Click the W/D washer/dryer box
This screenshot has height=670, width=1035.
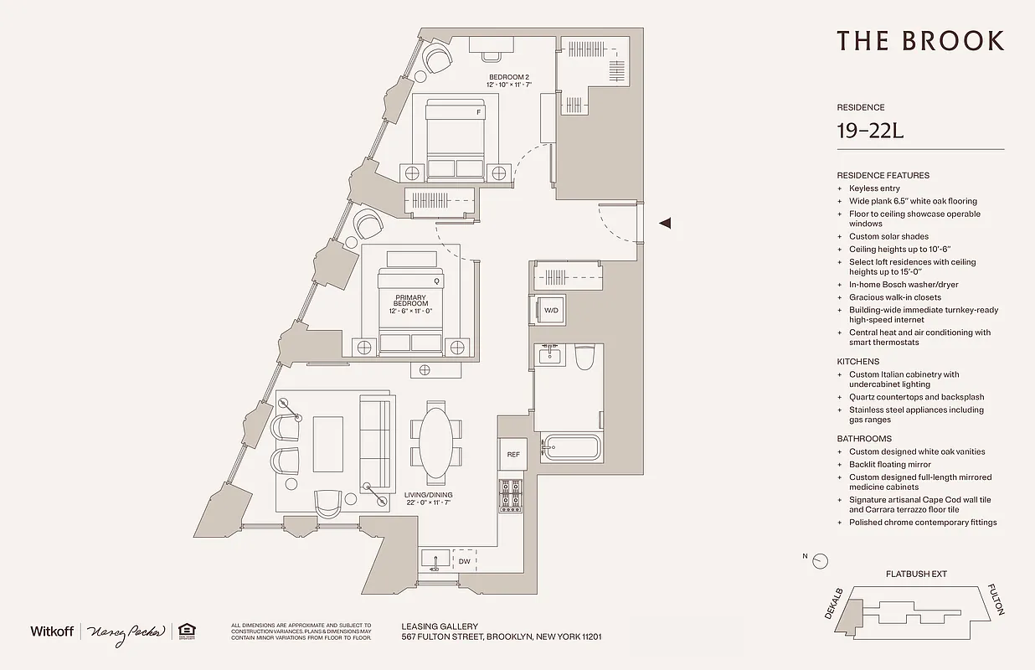pyautogui.click(x=550, y=311)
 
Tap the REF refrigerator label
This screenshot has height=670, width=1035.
pyautogui.click(x=513, y=455)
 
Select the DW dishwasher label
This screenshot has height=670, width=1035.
pyautogui.click(x=464, y=561)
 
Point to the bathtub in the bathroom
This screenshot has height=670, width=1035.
pyautogui.click(x=570, y=447)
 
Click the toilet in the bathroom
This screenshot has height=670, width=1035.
pyautogui.click(x=584, y=358)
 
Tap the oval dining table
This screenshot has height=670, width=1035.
pyautogui.click(x=435, y=442)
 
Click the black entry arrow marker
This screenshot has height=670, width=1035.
pyautogui.click(x=666, y=223)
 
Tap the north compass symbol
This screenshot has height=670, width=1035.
pyautogui.click(x=820, y=560)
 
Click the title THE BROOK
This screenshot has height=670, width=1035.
pyautogui.click(x=919, y=40)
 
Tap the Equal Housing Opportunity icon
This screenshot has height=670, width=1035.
pyautogui.click(x=185, y=631)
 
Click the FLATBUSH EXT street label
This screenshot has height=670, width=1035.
pyautogui.click(x=915, y=575)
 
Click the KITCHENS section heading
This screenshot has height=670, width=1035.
pyautogui.click(x=857, y=362)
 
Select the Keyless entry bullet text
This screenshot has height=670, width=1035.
pyautogui.click(x=874, y=188)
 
